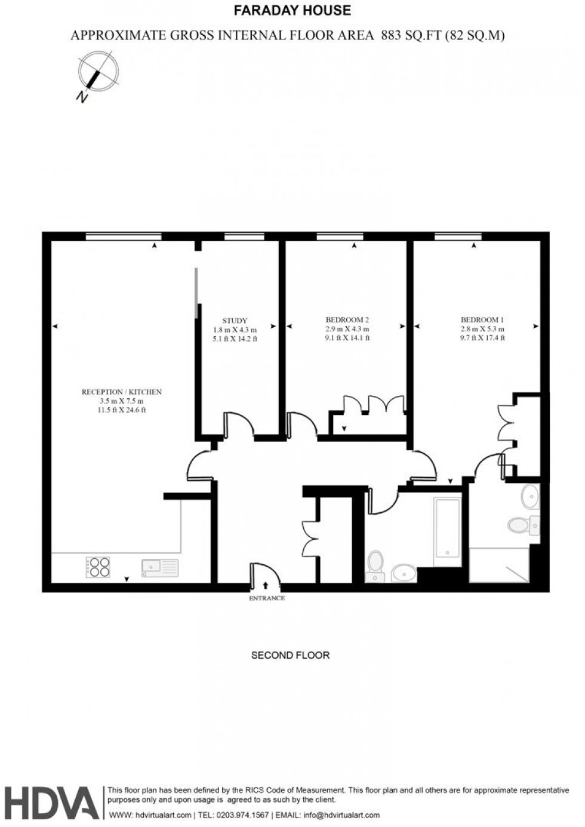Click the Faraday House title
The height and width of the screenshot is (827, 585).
point(292,10)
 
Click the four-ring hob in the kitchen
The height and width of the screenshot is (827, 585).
point(98,567)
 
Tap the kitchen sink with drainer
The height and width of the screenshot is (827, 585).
point(160,567)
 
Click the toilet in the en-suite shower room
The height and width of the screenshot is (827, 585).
point(522,525)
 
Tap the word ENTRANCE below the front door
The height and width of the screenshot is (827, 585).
point(266,598)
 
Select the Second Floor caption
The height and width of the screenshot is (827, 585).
point(290,655)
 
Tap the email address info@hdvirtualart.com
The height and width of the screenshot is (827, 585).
point(342,815)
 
